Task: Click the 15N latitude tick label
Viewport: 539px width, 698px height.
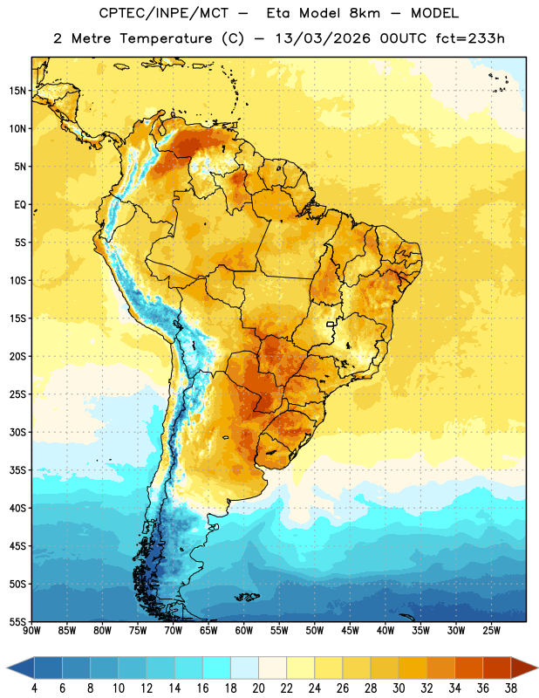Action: [x=17, y=91]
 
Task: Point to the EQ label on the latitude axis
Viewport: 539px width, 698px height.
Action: [x=20, y=205]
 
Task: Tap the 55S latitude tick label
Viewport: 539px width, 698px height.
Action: [x=17, y=622]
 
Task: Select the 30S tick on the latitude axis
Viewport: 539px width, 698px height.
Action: [x=17, y=432]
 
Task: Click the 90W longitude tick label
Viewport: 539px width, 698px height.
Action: [x=31, y=631]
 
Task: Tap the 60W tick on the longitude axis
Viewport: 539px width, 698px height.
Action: [x=244, y=631]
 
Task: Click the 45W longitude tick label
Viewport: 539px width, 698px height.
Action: [x=350, y=631]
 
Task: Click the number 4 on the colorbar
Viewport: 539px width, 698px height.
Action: [x=34, y=688]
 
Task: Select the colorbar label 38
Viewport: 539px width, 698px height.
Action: [x=511, y=688]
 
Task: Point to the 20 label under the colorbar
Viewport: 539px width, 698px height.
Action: [x=258, y=688]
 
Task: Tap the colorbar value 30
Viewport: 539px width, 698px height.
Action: [x=399, y=688]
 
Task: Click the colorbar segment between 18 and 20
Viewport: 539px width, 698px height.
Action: [x=245, y=668]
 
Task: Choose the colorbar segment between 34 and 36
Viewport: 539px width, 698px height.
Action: [x=468, y=668]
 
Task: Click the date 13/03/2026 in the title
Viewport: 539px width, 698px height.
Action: [x=323, y=38]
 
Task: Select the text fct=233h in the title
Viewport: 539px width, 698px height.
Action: [x=470, y=38]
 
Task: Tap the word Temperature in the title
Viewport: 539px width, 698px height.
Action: [x=166, y=38]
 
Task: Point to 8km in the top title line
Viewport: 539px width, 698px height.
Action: [x=365, y=13]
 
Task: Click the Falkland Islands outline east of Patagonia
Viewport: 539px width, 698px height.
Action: [x=248, y=597]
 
